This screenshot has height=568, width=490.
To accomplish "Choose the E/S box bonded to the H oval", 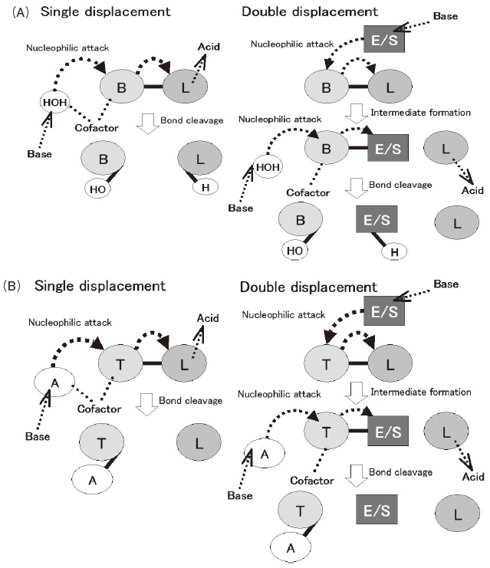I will [382, 221].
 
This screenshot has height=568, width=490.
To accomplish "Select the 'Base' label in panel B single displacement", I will [35, 436].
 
